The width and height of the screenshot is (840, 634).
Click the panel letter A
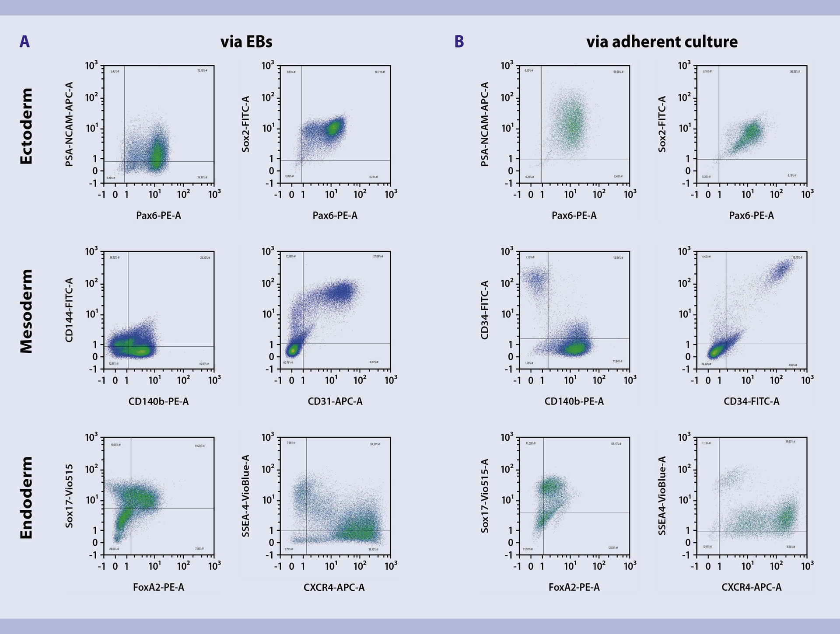(x=24, y=42)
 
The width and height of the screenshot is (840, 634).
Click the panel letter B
(x=459, y=42)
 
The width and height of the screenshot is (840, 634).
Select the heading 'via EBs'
(x=246, y=42)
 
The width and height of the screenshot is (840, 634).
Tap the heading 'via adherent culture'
(x=661, y=42)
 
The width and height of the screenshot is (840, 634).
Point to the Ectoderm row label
(x=27, y=126)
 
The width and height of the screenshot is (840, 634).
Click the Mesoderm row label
(x=27, y=311)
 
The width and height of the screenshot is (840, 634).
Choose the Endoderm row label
(x=27, y=497)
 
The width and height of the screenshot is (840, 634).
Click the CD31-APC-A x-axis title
(x=335, y=401)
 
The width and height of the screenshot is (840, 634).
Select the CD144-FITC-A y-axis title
(x=69, y=310)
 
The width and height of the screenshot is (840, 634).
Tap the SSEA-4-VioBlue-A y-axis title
(x=245, y=496)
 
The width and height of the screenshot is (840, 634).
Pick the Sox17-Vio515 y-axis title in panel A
(x=69, y=496)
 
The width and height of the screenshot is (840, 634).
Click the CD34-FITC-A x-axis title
(x=751, y=401)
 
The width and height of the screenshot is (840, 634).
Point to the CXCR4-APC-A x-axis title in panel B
(x=751, y=587)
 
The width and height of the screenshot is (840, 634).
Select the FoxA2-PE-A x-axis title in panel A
(x=158, y=587)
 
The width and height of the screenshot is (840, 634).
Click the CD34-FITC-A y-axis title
(x=485, y=310)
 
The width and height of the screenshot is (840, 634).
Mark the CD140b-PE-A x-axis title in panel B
(x=574, y=401)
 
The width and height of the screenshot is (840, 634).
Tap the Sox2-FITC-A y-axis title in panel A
(x=245, y=124)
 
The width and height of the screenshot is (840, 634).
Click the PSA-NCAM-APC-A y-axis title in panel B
(x=485, y=124)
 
